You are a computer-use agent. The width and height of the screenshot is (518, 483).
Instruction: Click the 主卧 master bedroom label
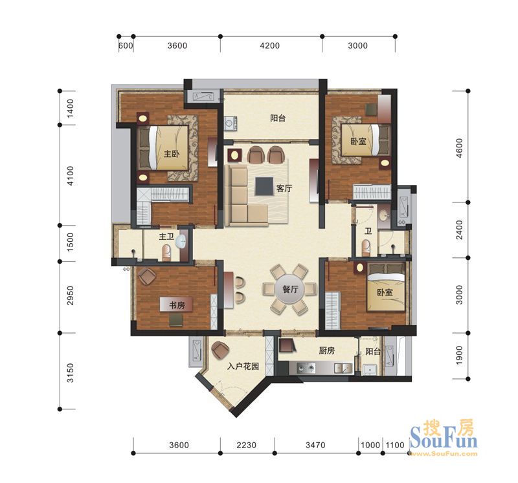pyautogui.click(x=172, y=154)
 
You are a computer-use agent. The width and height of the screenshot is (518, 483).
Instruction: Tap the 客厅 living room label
pyautogui.click(x=284, y=188)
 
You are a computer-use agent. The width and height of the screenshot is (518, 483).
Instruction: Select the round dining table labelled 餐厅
pyautogui.click(x=289, y=289)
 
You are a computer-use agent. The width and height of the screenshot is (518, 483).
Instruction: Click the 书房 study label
pyautogui.click(x=177, y=305)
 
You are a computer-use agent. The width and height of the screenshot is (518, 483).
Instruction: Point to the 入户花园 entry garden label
pyautogui.click(x=243, y=366)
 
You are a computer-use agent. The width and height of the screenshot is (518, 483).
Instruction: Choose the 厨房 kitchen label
pyautogui.click(x=327, y=350)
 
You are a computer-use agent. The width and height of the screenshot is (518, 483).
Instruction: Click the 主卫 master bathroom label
pyautogui.click(x=166, y=237)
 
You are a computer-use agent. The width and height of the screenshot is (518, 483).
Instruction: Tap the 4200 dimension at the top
pyautogui.click(x=269, y=45)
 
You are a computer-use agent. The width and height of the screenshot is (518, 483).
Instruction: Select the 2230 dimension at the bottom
pyautogui.click(x=247, y=445)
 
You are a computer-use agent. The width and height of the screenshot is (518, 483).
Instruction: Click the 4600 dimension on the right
pyautogui.click(x=460, y=148)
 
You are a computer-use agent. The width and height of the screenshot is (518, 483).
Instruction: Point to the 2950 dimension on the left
pyautogui.click(x=71, y=295)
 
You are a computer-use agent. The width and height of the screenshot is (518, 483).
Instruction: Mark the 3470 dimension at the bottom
pyautogui.click(x=315, y=445)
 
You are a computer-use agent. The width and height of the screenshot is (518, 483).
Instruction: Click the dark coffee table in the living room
pyautogui.click(x=264, y=186)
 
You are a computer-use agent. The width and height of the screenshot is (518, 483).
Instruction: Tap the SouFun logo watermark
pyautogui.click(x=444, y=438)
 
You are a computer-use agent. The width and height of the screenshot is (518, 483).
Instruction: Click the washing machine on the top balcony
pyautogui.click(x=231, y=123)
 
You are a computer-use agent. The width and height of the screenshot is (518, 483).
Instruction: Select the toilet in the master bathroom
pyautogui.click(x=166, y=253)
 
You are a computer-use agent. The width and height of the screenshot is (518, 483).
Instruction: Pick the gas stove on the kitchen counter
pyautogui.click(x=306, y=367)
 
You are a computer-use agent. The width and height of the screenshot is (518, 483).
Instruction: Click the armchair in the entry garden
pyautogui.click(x=220, y=350)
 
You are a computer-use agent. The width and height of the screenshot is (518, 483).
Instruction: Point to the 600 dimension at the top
pyautogui.click(x=126, y=45)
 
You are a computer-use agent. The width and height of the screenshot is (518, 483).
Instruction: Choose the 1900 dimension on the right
pyautogui.click(x=460, y=356)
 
